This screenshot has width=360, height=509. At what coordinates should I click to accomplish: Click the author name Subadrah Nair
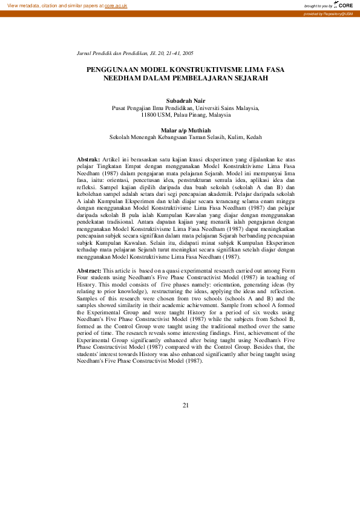186,100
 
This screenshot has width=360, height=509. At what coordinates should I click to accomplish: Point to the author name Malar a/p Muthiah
186,130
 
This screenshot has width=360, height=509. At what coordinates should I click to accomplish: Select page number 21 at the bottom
186,405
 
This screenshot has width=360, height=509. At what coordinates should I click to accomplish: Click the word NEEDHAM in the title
125,79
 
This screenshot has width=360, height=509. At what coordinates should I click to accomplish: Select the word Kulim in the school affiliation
230,137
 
